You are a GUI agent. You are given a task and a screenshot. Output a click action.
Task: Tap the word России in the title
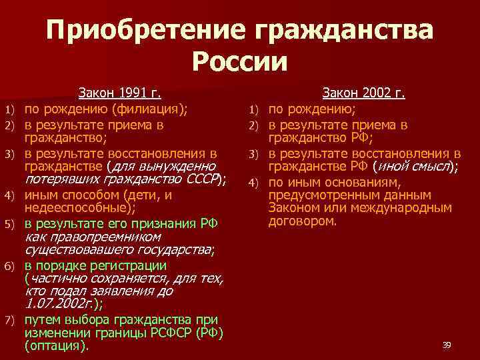tap(240, 63)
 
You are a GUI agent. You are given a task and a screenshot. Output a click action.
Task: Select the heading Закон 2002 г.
tap(364, 93)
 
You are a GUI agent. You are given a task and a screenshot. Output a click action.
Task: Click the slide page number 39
tap(447, 345)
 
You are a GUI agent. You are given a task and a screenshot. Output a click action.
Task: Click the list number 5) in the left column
tap(9, 223)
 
